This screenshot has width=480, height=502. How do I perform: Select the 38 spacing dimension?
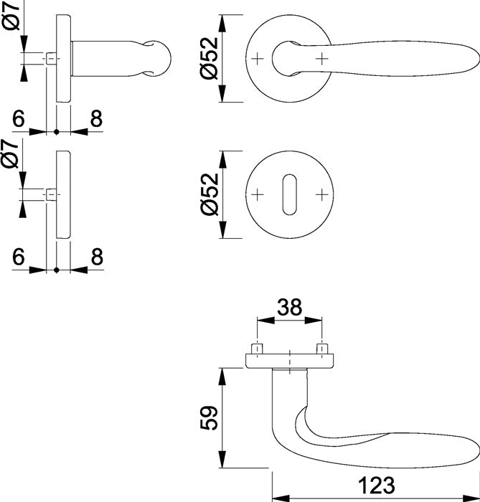point(288,308)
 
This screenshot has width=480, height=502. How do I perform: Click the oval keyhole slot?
point(289,194)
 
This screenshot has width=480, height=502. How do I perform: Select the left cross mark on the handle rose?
point(258,57)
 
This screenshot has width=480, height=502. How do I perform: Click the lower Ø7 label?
point(11,154)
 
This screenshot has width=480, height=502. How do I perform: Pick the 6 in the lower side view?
point(19,256)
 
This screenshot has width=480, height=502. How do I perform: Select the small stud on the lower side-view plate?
point(52,194)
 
